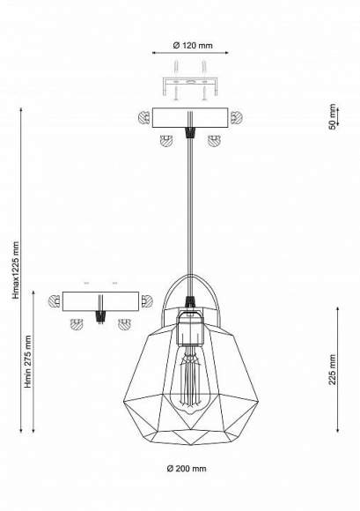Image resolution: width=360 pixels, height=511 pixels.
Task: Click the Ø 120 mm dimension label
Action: tap(193, 46)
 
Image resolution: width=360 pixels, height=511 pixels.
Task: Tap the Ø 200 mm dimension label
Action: tap(187, 469)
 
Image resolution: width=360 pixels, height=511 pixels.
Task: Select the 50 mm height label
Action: tap(332, 116)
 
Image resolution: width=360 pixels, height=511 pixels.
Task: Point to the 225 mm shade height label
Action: tap(332, 369)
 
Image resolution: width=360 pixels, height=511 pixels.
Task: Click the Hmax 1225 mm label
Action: tap(16, 270)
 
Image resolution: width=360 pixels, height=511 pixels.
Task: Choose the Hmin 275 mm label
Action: tap(28, 361)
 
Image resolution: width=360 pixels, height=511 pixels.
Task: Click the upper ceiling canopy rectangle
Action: tap(190, 118)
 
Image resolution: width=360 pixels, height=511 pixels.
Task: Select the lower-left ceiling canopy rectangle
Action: tap(100, 301)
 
